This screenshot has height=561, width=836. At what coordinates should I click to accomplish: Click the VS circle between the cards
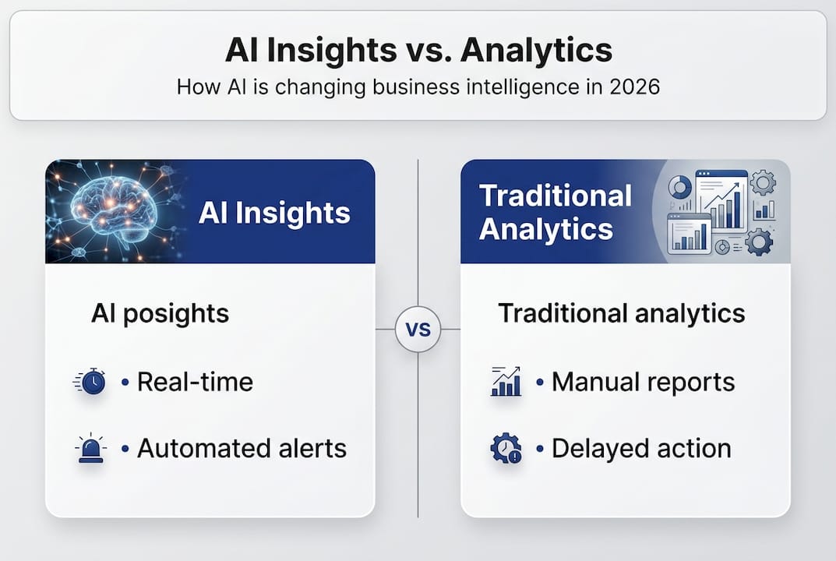pyautogui.click(x=418, y=329)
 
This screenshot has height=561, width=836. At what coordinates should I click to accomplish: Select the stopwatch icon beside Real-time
pyautogui.click(x=90, y=381)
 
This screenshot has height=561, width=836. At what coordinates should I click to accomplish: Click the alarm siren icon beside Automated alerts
pyautogui.click(x=90, y=448)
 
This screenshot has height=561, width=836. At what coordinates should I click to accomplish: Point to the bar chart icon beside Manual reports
pyautogui.click(x=506, y=381)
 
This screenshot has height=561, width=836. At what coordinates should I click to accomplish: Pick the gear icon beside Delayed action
pyautogui.click(x=506, y=448)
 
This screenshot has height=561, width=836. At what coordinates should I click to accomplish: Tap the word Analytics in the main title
pyautogui.click(x=536, y=50)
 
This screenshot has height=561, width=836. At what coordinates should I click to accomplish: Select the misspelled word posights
pyautogui.click(x=176, y=313)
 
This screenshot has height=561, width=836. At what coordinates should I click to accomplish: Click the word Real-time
pyautogui.click(x=195, y=382)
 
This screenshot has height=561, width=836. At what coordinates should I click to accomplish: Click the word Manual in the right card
pyautogui.click(x=593, y=382)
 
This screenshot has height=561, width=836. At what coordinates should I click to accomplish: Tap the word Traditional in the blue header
pyautogui.click(x=556, y=195)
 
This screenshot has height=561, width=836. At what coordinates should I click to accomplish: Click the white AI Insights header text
pyautogui.click(x=274, y=213)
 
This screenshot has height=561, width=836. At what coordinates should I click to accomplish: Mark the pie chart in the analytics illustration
pyautogui.click(x=680, y=188)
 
